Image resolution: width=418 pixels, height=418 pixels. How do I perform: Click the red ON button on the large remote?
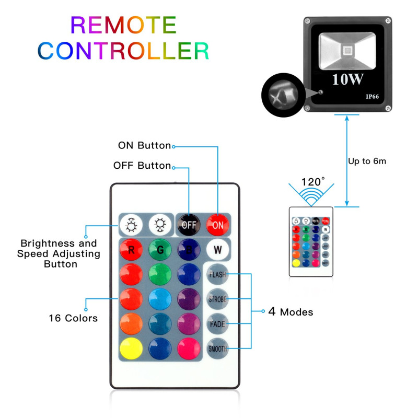coord(217,225)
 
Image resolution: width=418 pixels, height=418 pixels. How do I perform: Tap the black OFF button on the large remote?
coord(188,225)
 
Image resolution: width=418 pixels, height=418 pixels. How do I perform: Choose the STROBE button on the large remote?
coord(217,299)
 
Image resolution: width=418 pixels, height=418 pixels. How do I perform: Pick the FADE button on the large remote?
coord(217,323)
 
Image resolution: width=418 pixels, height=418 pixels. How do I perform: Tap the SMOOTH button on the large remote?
coord(217,348)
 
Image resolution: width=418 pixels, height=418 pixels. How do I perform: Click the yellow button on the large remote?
coord(131,348)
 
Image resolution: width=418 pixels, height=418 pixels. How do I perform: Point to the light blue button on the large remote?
coord(159,299)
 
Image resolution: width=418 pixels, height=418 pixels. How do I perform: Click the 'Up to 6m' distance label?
coord(367,161)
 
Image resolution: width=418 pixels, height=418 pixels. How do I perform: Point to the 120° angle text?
coord(313,182)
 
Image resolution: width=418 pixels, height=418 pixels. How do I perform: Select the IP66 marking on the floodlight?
coord(372,97)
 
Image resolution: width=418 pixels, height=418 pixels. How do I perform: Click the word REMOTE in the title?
coord(123,25)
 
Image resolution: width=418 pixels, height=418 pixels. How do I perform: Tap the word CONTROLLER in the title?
coord(123,51)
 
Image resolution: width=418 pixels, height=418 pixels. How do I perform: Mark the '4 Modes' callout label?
coord(291,312)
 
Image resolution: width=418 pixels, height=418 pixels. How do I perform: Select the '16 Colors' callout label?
coord(73,318)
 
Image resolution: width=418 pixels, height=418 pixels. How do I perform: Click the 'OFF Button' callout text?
coord(142,166)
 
